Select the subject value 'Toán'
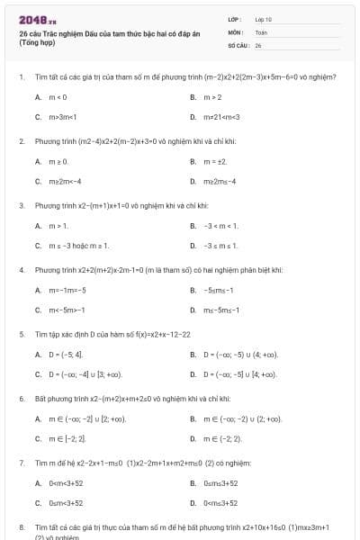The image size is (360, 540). coord(261,31)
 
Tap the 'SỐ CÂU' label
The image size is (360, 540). coord(237,44)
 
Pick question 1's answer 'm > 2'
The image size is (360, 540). coord(212,97)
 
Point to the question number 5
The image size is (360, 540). coord(22,334)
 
